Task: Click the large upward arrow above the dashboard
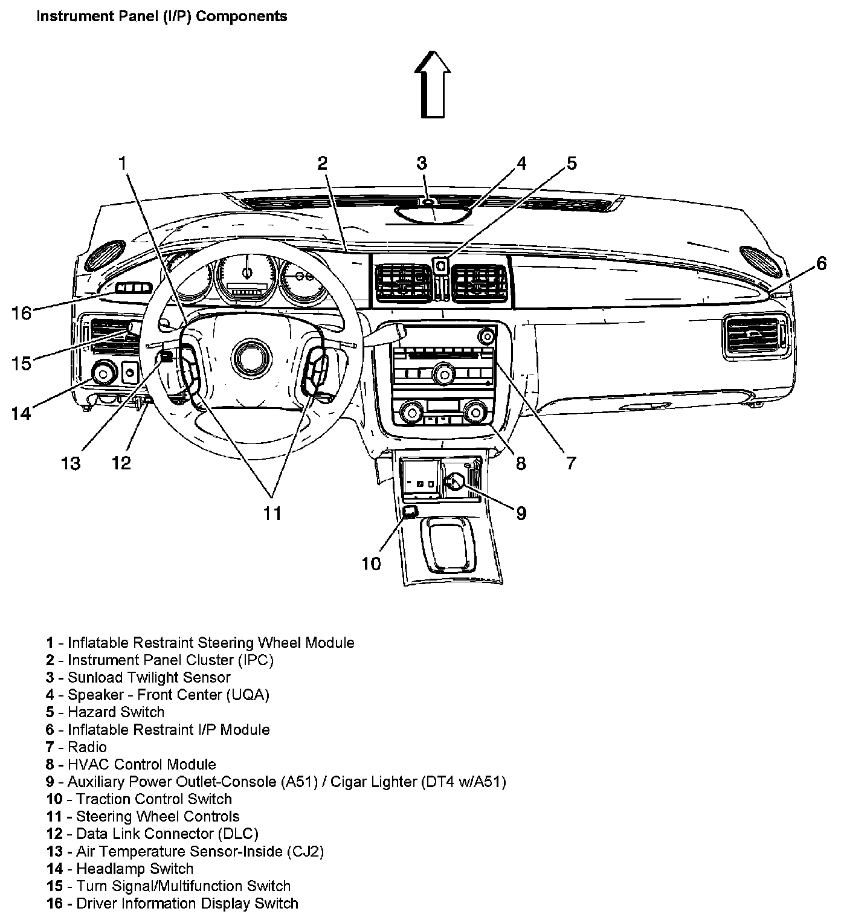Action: pos(433,84)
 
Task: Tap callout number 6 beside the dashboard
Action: pos(821,264)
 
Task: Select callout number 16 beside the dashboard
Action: pos(21,314)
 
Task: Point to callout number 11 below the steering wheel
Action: pos(272,513)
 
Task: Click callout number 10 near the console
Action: pos(372,564)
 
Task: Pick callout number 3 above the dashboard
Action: pos(422,163)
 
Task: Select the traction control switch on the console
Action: pos(410,512)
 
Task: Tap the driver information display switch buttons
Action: pos(133,288)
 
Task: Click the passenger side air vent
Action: pos(755,336)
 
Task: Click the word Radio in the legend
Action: pos(87,747)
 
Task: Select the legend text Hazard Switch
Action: pos(116,712)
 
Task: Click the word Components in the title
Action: pos(242,16)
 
